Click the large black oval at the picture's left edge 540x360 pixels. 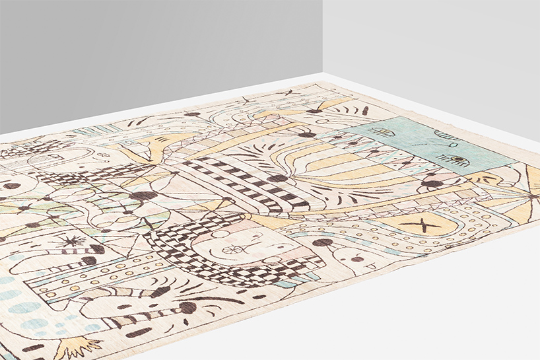click(x=11, y=186)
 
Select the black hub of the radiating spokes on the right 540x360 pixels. click(x=533, y=196)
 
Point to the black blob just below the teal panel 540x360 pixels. click(x=432, y=184)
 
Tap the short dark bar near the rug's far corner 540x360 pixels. click(x=365, y=110)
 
